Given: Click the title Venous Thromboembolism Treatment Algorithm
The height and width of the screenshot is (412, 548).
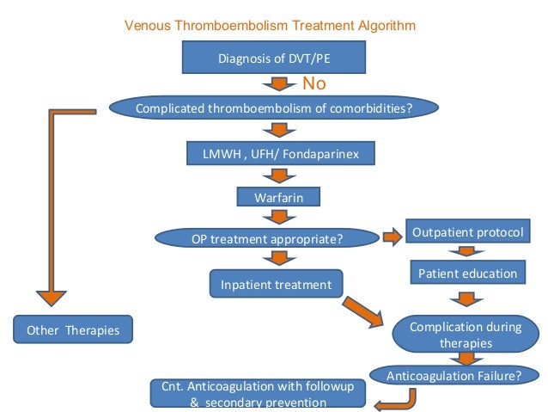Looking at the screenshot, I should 271,26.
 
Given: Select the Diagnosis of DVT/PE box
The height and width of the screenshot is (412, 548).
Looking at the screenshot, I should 274,58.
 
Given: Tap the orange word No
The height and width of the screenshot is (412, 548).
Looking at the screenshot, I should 314,84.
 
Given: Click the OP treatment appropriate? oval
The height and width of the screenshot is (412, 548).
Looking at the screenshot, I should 267,237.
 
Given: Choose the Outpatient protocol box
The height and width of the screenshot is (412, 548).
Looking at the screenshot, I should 465,233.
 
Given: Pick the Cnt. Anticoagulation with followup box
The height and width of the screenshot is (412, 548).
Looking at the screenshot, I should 258,393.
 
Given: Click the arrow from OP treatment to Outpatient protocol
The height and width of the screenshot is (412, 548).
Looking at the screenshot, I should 393,236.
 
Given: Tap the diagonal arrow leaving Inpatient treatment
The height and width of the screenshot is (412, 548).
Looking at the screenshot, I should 363,312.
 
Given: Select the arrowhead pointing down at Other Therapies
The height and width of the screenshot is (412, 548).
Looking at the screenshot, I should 53,295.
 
